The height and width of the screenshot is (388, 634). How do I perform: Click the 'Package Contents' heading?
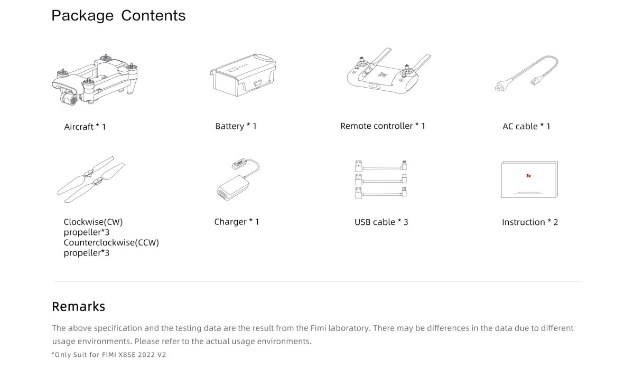pos(118,16)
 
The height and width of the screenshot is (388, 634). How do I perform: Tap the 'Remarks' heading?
pos(78,307)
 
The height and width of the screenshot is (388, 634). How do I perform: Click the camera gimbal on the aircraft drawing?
pos(69,98)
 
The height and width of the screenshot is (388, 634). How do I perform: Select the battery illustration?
pos(243,75)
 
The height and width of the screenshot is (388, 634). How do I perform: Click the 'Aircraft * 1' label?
pos(85,127)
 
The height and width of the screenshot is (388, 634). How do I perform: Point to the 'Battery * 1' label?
pos(236,126)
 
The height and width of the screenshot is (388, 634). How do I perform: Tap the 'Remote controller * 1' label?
pos(383,126)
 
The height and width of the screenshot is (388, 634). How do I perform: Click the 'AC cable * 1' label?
pos(526,126)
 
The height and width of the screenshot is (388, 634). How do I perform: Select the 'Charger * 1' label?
pos(237,222)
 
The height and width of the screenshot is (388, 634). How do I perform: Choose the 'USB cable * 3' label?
pos(381,222)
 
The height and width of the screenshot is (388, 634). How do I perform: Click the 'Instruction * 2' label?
pos(530,222)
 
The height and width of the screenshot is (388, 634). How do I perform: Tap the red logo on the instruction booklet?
pos(528,176)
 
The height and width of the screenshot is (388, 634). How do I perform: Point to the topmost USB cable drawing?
pos(381,166)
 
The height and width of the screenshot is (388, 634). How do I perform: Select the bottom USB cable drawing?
pos(381,192)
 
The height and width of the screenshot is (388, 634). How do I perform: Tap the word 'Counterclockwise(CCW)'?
pos(111,243)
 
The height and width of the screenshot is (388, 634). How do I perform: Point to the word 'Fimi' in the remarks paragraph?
pos(318,328)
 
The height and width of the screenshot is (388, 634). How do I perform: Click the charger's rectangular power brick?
pos(232,187)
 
